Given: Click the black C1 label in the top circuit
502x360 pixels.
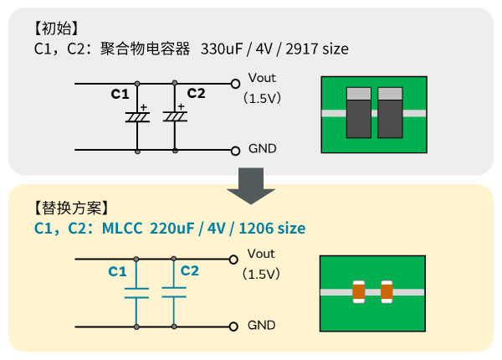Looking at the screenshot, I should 120,94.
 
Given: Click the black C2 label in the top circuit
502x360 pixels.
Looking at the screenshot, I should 196,93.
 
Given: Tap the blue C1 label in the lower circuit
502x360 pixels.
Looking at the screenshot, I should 117,271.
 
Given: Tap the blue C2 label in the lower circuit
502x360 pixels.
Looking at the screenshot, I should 190,270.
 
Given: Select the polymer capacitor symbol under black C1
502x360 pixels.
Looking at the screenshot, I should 137,117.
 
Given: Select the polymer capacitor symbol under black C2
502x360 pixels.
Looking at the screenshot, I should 175,116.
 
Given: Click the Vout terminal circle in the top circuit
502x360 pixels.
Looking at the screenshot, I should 235,85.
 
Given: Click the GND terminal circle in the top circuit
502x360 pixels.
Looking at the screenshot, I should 235,150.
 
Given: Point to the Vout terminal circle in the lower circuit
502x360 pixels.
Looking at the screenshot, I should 235,260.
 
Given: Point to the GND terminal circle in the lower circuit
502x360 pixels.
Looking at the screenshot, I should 235,325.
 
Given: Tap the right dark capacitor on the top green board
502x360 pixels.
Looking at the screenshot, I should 391,112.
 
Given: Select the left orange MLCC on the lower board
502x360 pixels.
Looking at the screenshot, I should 359,291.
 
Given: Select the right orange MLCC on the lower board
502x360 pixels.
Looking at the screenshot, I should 387,291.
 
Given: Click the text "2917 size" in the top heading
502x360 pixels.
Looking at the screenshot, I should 317,49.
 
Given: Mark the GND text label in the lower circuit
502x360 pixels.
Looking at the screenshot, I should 262,325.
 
